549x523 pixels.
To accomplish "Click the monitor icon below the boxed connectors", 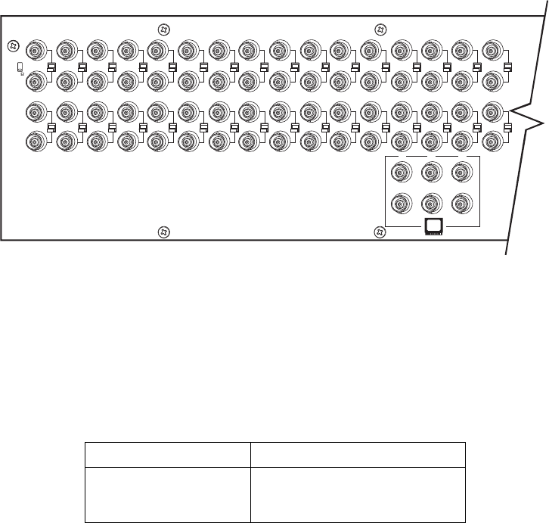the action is pyautogui.click(x=434, y=226).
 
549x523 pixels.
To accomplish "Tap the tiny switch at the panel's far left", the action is pyautogui.click(x=20, y=68).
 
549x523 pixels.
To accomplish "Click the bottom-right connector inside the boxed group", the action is pyautogui.click(x=461, y=204).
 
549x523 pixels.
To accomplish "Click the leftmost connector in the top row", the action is pyautogui.click(x=34, y=51).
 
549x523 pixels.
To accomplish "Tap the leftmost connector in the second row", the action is pyautogui.click(x=34, y=79).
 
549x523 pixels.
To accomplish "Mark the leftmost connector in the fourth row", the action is pyautogui.click(x=34, y=140).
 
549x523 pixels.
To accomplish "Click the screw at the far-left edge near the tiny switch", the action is pyautogui.click(x=11, y=45).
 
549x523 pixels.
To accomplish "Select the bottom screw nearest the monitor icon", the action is pyautogui.click(x=381, y=232).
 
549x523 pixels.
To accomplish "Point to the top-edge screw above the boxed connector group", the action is pyautogui.click(x=381, y=30).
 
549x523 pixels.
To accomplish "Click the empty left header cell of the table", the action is pyautogui.click(x=166, y=455).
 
